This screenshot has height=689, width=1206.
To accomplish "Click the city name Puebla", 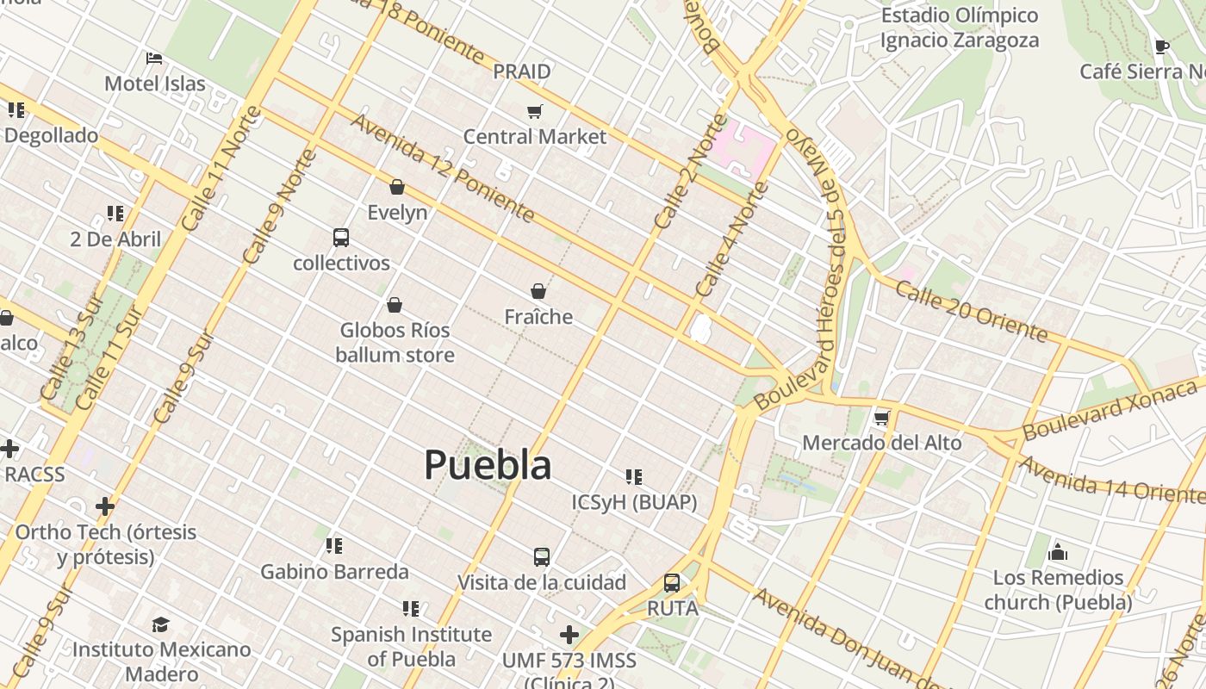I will [488, 465].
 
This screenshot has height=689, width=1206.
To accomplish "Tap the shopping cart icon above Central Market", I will [535, 111].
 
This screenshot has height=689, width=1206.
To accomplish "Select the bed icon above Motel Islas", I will [154, 59].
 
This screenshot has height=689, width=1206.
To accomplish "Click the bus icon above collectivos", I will [341, 238].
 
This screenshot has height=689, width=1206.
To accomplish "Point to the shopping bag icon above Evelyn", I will [397, 187].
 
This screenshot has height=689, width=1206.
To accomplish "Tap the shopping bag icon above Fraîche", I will [538, 291].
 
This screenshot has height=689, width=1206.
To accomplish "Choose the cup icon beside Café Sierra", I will [1161, 47].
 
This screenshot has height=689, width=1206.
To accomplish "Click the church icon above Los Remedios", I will [1058, 552].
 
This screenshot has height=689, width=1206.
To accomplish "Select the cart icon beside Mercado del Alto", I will [881, 419].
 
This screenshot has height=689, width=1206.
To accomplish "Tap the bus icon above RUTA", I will [672, 583].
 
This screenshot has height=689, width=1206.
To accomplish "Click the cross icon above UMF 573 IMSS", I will [569, 635].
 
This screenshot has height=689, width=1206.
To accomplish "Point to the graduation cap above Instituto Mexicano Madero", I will [161, 624].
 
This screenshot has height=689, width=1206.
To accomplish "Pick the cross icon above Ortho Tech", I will [105, 506].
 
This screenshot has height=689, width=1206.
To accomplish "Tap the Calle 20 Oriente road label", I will [971, 310].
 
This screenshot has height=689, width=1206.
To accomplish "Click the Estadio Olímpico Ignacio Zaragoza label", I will [960, 28].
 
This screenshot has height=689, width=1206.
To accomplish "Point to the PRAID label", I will [522, 71].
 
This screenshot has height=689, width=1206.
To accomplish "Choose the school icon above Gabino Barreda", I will [334, 545].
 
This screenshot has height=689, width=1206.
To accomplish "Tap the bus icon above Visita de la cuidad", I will [542, 557].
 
